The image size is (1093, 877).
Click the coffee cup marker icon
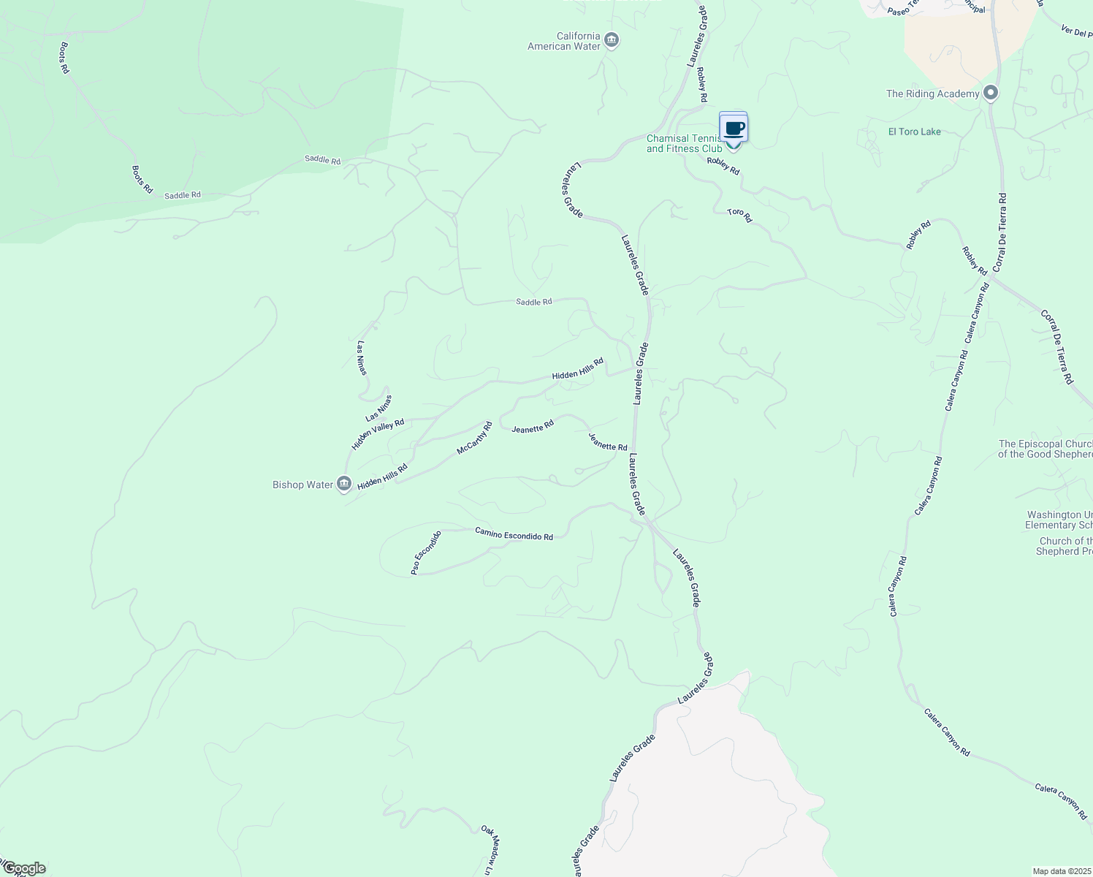(x=734, y=129)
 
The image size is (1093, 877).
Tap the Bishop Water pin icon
(x=344, y=484)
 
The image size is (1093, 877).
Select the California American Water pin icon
(x=612, y=40)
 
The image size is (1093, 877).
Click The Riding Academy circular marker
(x=991, y=93)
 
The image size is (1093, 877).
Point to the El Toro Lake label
(x=914, y=132)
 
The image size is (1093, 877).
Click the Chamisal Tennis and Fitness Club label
(x=684, y=144)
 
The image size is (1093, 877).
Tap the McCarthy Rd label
(x=474, y=438)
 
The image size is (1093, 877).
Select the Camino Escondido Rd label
(x=514, y=534)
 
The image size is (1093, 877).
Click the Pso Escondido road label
(x=426, y=553)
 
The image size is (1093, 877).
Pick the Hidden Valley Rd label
(x=378, y=434)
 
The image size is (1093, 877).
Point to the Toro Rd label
(x=739, y=215)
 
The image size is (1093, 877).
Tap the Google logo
(x=24, y=868)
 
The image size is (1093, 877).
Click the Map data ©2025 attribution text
(x=1062, y=871)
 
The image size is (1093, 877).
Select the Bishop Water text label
(x=302, y=485)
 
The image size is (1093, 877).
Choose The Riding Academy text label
(x=932, y=94)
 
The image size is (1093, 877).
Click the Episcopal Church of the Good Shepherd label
(x=1046, y=449)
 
